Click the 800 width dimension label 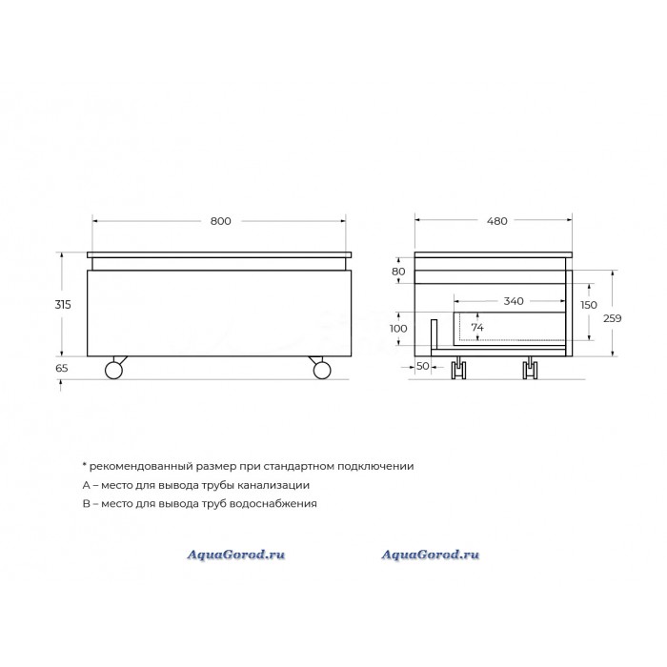(x=221, y=221)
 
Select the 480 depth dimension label (x=496, y=221)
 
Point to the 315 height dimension (x=63, y=305)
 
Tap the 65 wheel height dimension (x=62, y=368)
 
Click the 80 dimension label (x=398, y=272)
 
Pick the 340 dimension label (x=514, y=301)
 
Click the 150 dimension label (x=589, y=305)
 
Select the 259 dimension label (x=612, y=318)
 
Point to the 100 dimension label (x=398, y=329)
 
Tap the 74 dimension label (x=477, y=328)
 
